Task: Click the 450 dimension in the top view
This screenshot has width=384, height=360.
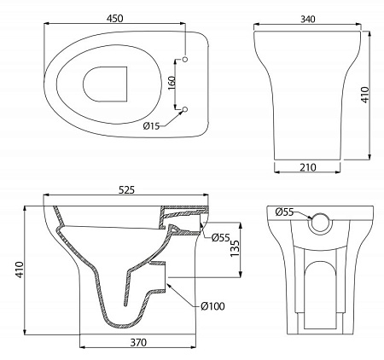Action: click(x=115, y=19)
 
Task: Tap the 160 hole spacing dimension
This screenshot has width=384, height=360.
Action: click(x=172, y=83)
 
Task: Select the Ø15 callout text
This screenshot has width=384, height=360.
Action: click(x=151, y=125)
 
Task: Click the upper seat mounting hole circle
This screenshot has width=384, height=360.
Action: click(x=185, y=59)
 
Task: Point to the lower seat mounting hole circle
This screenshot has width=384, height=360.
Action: click(x=185, y=109)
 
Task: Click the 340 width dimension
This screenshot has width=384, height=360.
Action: click(x=308, y=19)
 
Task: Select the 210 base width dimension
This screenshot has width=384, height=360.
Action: click(x=308, y=167)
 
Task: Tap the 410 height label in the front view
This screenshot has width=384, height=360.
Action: click(x=364, y=95)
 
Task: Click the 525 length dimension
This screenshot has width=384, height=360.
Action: click(x=126, y=189)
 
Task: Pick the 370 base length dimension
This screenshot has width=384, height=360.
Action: click(x=138, y=342)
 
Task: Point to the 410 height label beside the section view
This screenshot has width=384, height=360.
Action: click(x=20, y=270)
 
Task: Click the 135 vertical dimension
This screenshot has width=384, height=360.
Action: click(x=235, y=249)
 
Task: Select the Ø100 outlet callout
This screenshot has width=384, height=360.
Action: click(x=212, y=306)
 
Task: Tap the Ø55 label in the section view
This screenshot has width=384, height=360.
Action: click(x=220, y=237)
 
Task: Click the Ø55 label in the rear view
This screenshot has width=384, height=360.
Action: click(x=284, y=212)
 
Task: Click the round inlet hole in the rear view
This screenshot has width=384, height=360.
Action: click(x=321, y=223)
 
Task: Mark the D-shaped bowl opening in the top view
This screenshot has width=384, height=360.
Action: click(x=105, y=84)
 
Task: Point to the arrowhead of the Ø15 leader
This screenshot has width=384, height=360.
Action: click(x=181, y=113)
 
